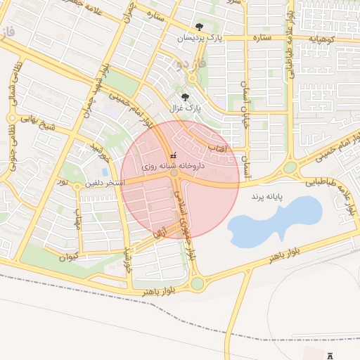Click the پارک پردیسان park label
coord(199,38)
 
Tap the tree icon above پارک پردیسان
coord(199,27)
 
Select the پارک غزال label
coord(185,109)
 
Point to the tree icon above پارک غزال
coord(185,98)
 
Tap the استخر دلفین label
coord(105,183)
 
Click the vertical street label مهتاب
coord(78,222)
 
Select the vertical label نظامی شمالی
coord(16,80)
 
